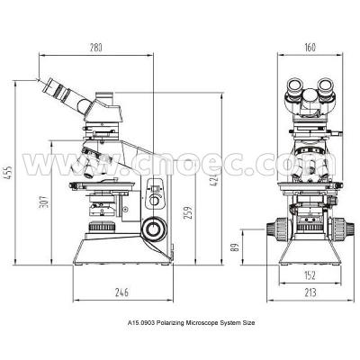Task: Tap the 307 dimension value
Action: click(x=43, y=203)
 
